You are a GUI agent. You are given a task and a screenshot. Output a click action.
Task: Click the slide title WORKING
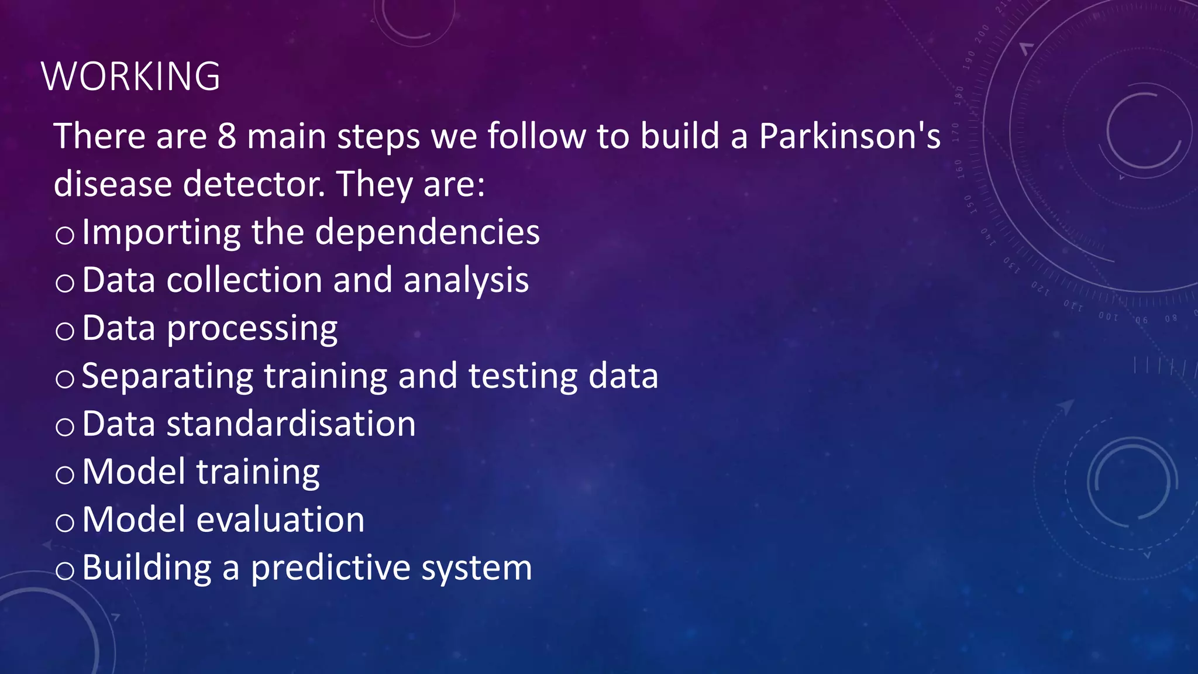130,77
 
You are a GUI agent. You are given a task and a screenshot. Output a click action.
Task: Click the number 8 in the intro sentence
227,136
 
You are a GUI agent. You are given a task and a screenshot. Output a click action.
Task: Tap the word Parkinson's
849,136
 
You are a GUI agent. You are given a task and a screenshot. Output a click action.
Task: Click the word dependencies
428,232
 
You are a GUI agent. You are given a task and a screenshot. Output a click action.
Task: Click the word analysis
466,281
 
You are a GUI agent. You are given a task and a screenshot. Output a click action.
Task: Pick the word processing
252,329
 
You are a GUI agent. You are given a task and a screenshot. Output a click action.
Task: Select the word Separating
167,376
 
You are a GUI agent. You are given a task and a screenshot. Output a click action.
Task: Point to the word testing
523,376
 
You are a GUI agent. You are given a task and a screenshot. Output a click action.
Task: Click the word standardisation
291,424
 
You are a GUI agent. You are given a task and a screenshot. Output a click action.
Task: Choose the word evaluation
280,520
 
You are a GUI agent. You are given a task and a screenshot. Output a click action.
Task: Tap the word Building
147,568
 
